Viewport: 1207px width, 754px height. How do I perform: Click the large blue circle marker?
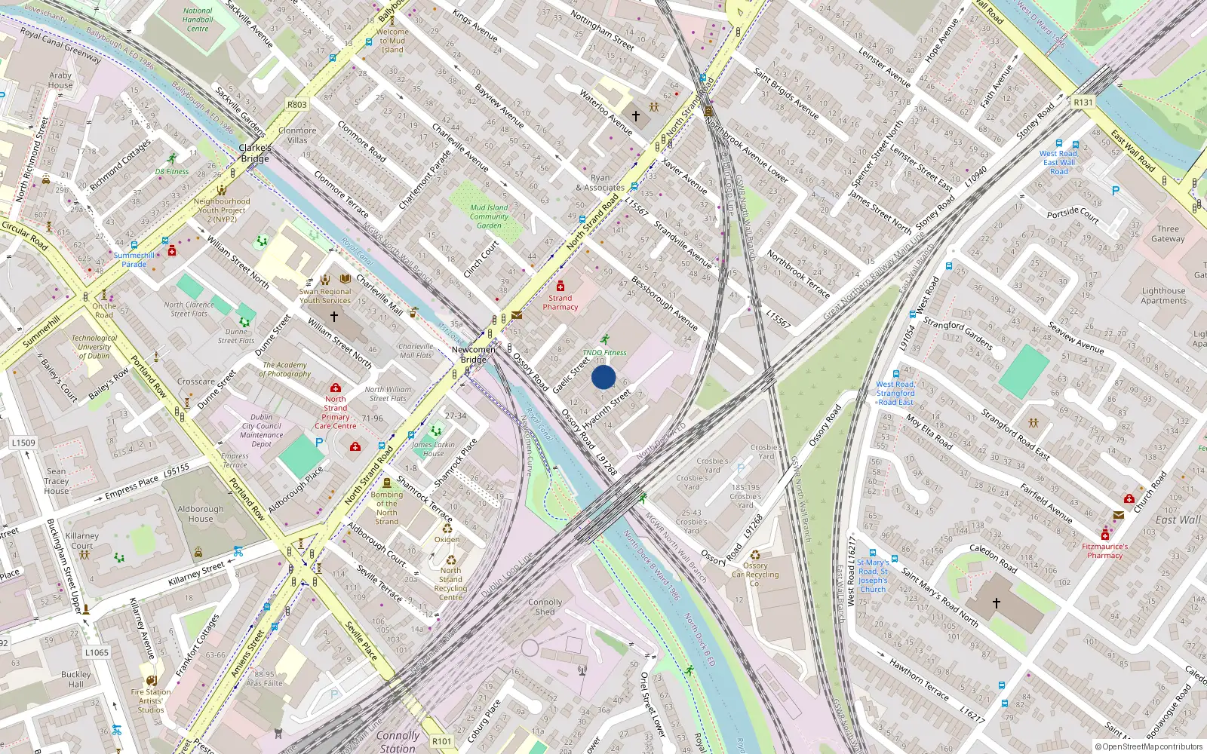[603, 377]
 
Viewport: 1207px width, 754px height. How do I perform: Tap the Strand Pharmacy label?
[560, 302]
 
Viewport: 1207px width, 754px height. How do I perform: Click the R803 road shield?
[297, 105]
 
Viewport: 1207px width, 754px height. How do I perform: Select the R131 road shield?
[1083, 103]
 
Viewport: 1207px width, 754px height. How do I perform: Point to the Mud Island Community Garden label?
[489, 216]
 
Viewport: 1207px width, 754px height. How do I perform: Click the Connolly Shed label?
[545, 607]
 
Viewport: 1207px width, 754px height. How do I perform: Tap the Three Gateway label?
[1168, 234]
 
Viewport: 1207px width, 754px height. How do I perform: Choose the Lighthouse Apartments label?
[1163, 296]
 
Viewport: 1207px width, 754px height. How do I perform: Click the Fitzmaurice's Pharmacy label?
[1105, 551]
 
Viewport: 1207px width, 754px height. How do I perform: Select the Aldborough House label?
[201, 513]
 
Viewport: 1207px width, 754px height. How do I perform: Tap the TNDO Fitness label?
[604, 352]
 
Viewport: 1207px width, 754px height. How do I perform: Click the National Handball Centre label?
[198, 20]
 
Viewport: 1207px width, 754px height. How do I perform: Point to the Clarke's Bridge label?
[255, 153]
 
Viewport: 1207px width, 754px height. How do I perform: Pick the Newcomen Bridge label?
[474, 354]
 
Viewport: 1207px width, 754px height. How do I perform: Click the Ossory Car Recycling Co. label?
[755, 575]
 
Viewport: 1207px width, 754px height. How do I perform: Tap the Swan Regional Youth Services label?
[325, 296]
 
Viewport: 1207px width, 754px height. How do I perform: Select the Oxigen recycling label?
[447, 539]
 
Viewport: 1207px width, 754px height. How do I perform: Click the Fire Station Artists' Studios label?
[151, 700]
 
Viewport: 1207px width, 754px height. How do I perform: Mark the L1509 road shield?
[23, 443]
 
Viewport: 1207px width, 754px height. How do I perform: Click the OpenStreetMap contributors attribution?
[1150, 746]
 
